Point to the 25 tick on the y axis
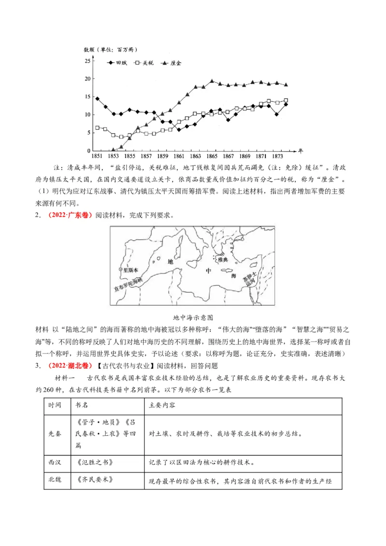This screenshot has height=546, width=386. pyautogui.click(x=87, y=61)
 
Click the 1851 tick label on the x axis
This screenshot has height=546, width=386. pyautogui.click(x=96, y=157)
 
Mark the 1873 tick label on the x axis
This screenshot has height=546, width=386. pyautogui.click(x=277, y=157)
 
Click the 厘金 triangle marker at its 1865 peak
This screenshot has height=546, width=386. pyautogui.click(x=212, y=81)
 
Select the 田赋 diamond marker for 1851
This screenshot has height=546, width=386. pyautogui.click(x=97, y=98)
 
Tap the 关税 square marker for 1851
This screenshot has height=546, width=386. pyautogui.click(x=97, y=128)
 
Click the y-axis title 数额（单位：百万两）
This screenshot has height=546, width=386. pyautogui.click(x=111, y=50)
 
